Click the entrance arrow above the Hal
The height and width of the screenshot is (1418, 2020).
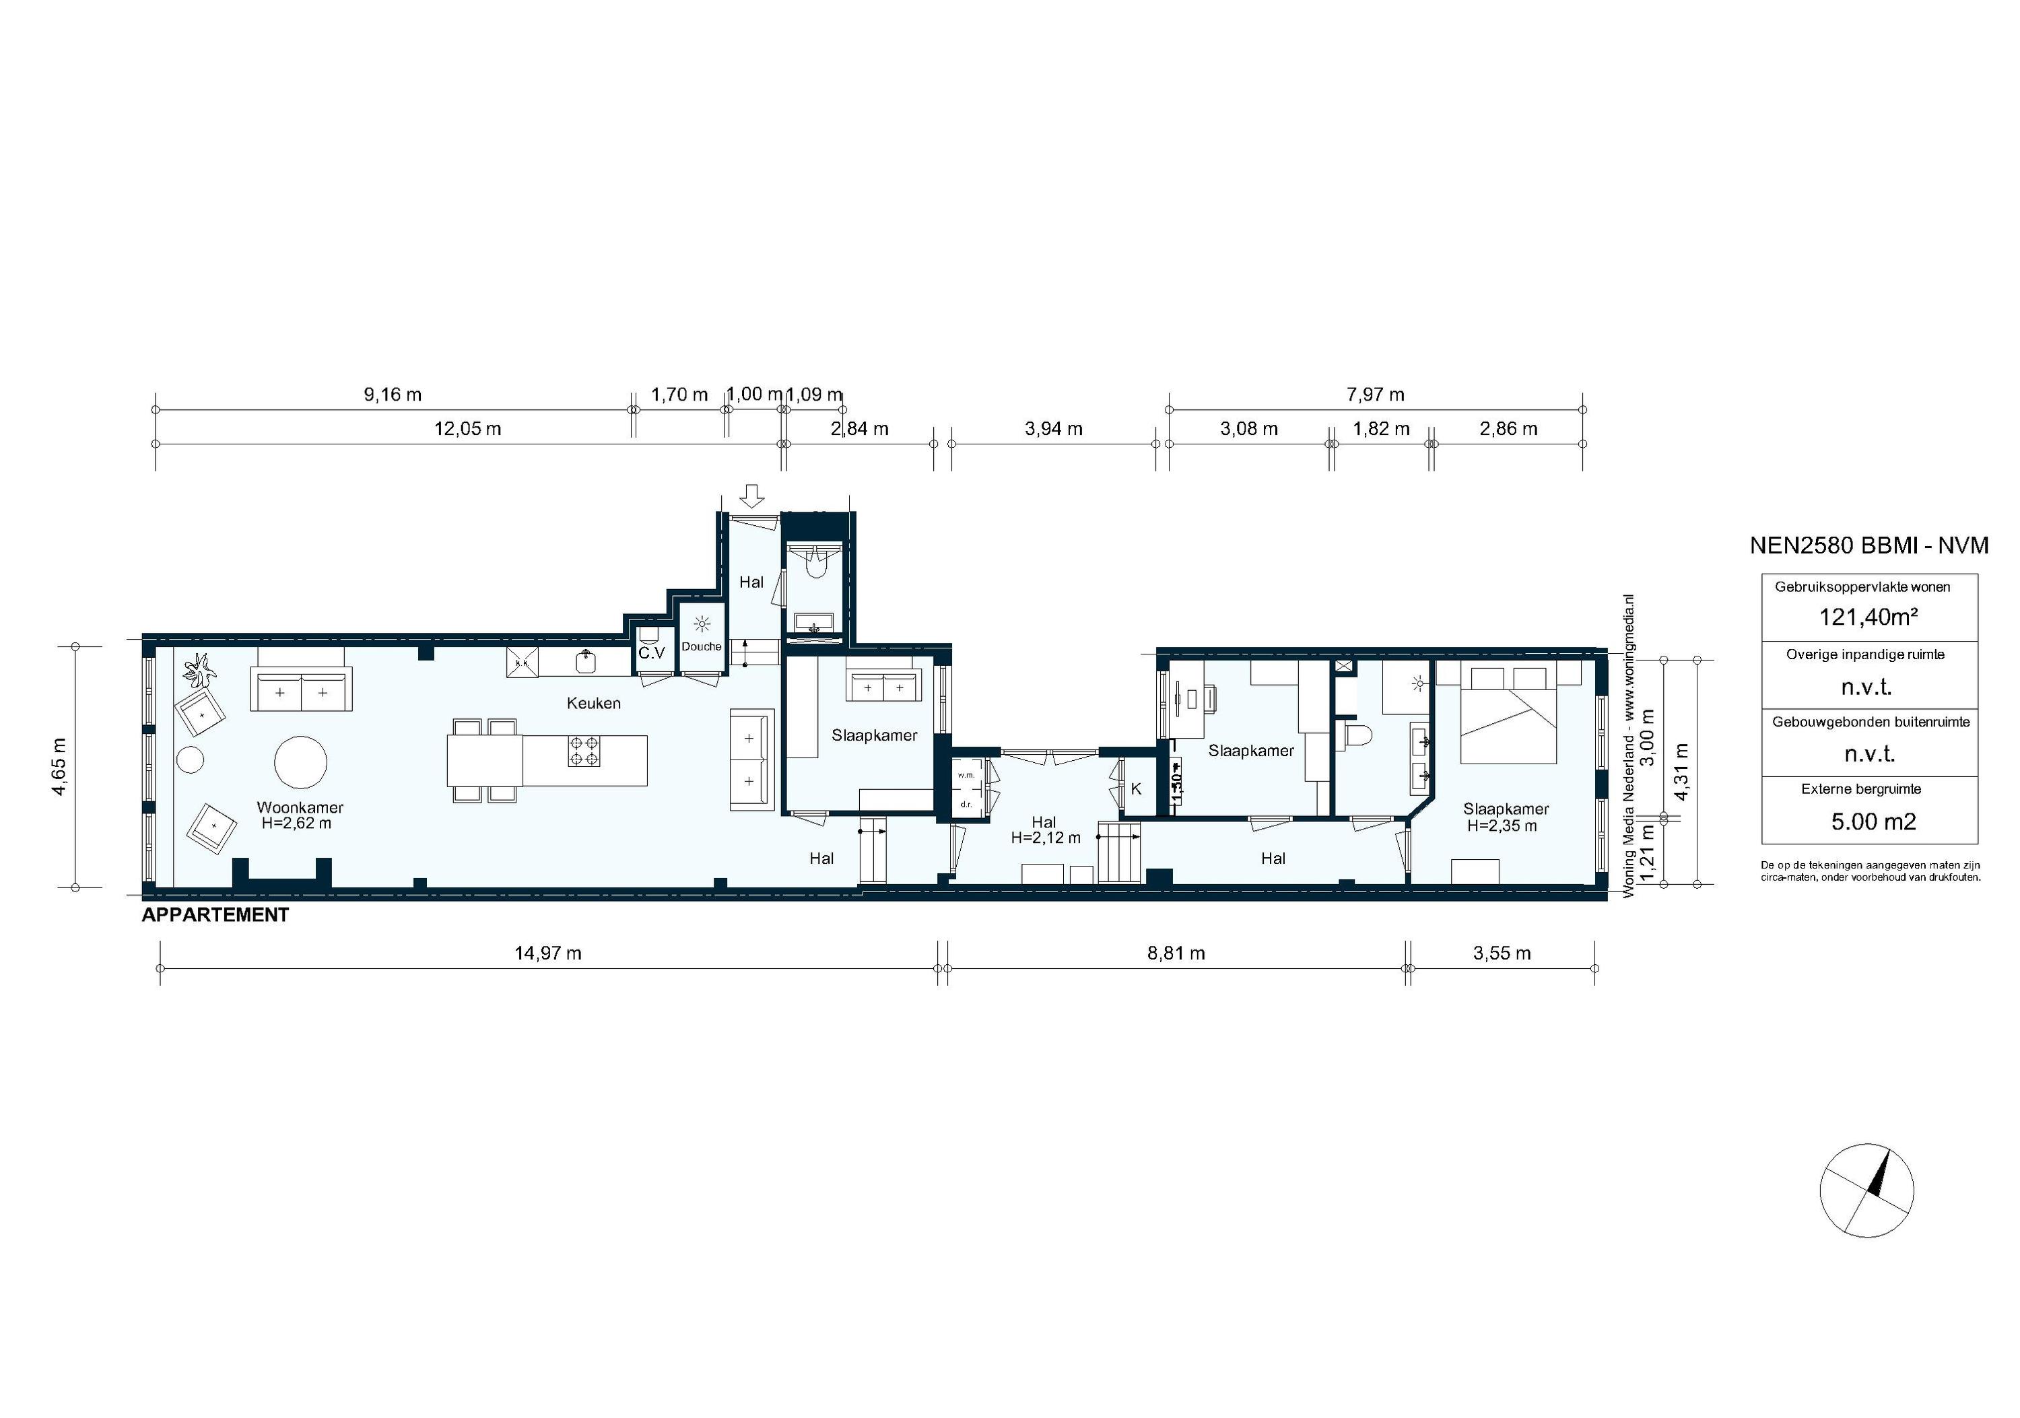[x=751, y=496]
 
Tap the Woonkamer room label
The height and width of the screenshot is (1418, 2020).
[x=300, y=807]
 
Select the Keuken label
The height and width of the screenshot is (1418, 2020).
[x=593, y=703]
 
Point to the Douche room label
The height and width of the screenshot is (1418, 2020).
[x=701, y=646]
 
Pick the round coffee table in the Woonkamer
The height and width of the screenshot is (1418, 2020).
[x=301, y=762]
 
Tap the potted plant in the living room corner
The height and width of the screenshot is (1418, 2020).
[x=200, y=671]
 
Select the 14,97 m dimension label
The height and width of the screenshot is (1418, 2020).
[x=547, y=953]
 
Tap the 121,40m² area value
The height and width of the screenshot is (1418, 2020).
[x=1868, y=617]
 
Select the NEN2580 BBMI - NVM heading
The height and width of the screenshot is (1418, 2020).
[x=1868, y=546]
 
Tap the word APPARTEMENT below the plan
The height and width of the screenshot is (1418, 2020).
[x=215, y=915]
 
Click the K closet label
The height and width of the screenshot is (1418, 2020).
[x=1135, y=789]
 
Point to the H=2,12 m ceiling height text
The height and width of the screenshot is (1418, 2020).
[x=1045, y=838]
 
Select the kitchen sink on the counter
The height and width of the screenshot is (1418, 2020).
[x=585, y=660]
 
